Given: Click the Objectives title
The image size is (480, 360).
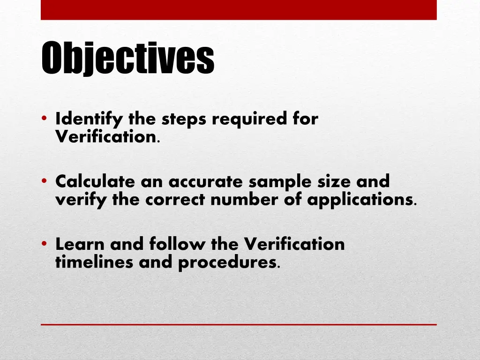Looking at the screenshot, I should pyautogui.click(x=127, y=59).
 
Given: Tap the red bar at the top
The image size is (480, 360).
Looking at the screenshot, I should pyautogui.click(x=239, y=10).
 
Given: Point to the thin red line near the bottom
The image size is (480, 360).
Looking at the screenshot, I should pyautogui.click(x=239, y=324).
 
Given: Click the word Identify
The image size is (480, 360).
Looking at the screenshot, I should pyautogui.click(x=90, y=120).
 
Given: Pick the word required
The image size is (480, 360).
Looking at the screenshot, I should pyautogui.click(x=250, y=120).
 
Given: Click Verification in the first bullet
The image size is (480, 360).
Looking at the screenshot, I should pyautogui.click(x=106, y=137).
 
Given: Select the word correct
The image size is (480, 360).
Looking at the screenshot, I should pyautogui.click(x=175, y=200).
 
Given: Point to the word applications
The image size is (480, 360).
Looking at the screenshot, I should pyautogui.click(x=360, y=200).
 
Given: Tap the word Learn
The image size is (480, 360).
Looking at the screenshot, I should pyautogui.click(x=80, y=244).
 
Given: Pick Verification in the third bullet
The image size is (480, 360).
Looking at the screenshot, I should pyautogui.click(x=294, y=244).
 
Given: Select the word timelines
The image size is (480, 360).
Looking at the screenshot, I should pyautogui.click(x=95, y=262).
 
